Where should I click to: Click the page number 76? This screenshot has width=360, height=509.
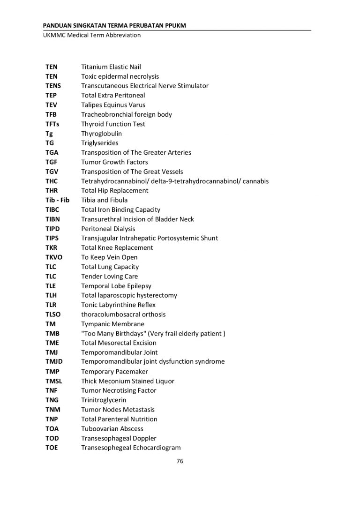point(180,461)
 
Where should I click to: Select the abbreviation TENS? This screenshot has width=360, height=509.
point(53,86)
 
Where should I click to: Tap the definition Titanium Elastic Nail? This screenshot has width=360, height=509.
point(111,67)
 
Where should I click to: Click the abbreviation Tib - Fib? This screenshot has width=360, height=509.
point(57,200)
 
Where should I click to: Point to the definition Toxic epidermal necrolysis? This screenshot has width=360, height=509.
point(120,76)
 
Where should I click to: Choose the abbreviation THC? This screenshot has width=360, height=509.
point(52,181)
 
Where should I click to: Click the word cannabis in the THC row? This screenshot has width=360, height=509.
point(255,181)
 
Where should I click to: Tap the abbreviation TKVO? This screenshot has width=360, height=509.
point(53,257)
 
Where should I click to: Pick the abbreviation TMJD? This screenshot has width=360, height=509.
point(54,362)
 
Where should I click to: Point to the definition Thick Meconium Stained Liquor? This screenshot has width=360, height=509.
point(127,381)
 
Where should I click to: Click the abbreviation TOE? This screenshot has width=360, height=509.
point(52,448)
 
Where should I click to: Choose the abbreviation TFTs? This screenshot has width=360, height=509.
point(53,124)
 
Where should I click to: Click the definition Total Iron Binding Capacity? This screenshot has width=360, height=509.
point(120,210)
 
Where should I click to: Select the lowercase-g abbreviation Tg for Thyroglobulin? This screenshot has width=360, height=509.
point(49,134)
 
